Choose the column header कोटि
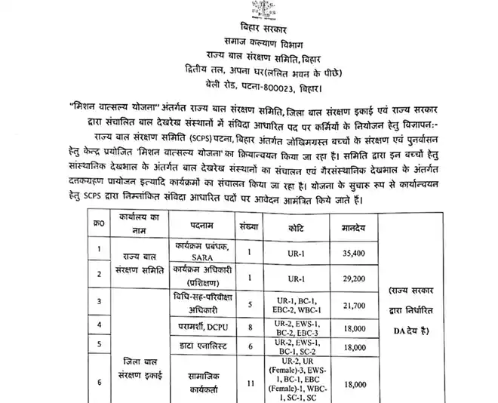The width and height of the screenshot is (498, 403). click(294, 226)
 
